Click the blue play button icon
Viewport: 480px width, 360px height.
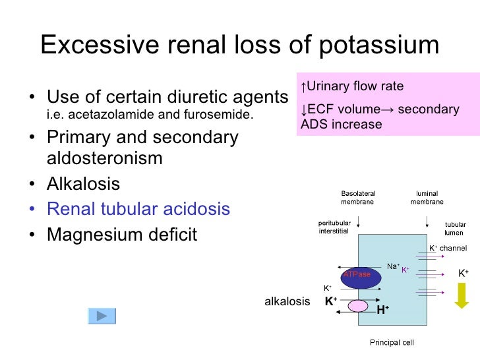pyautogui.click(x=102, y=316)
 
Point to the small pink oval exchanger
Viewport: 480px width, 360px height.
pyautogui.click(x=358, y=305)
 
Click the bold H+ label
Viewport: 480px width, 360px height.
pyautogui.click(x=382, y=310)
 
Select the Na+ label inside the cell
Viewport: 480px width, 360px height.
pyautogui.click(x=393, y=266)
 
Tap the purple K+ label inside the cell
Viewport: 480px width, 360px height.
pyautogui.click(x=405, y=270)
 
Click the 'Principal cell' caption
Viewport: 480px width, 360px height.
pyautogui.click(x=392, y=343)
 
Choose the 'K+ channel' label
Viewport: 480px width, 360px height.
pyautogui.click(x=448, y=249)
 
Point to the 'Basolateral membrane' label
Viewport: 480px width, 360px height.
pyautogui.click(x=357, y=197)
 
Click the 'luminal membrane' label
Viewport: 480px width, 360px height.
pyautogui.click(x=427, y=197)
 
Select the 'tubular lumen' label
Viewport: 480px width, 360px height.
pyautogui.click(x=455, y=228)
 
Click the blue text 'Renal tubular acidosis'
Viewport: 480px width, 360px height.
pyautogui.click(x=138, y=210)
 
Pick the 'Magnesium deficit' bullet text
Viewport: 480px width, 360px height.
pyautogui.click(x=122, y=235)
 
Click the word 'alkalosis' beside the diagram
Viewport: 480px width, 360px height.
pyautogui.click(x=287, y=301)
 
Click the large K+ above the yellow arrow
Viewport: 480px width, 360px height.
pyautogui.click(x=464, y=273)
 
